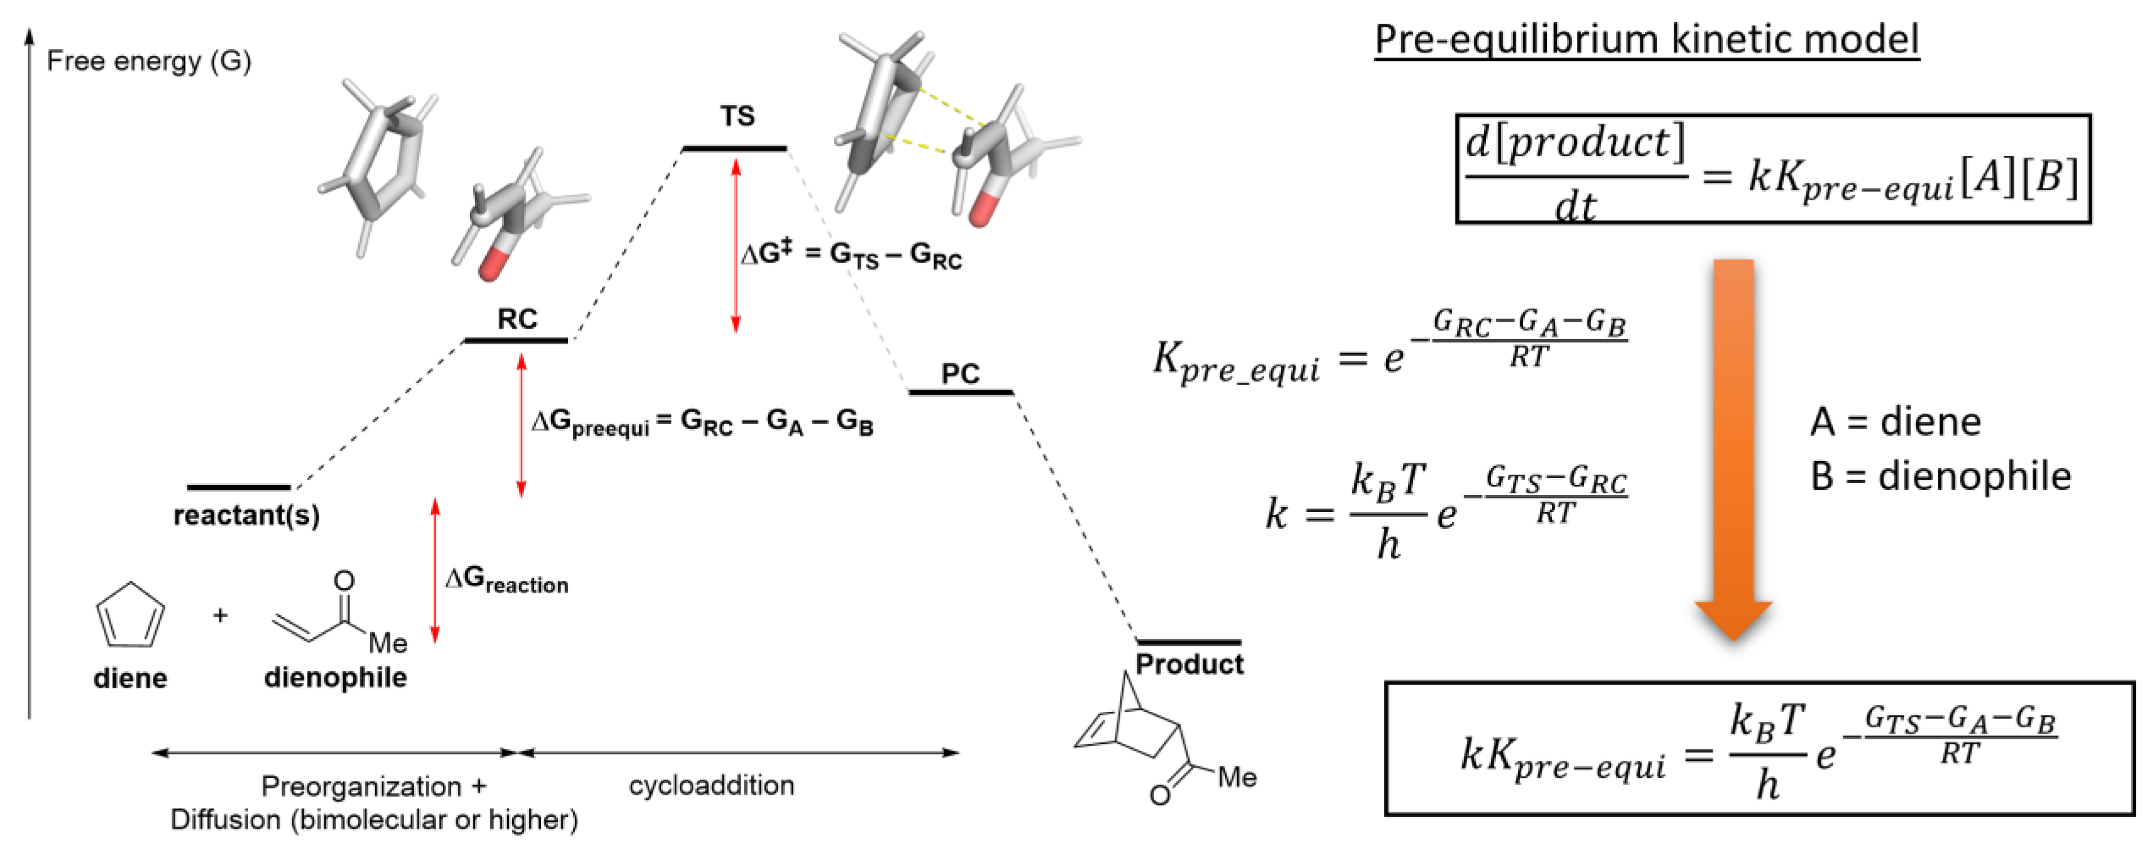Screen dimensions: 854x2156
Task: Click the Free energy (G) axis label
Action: (148, 61)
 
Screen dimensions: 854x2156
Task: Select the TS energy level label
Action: (737, 116)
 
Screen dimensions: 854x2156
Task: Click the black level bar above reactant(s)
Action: (239, 487)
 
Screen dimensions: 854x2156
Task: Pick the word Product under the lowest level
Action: (1189, 664)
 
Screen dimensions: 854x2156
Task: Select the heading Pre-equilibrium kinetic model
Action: (1646, 40)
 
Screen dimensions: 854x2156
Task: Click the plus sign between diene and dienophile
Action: (220, 615)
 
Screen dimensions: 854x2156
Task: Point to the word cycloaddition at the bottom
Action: (711, 785)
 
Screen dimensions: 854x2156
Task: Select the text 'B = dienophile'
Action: (1940, 476)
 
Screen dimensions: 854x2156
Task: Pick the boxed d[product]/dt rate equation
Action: (1772, 170)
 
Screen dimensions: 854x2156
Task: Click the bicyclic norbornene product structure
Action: (1147, 737)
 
